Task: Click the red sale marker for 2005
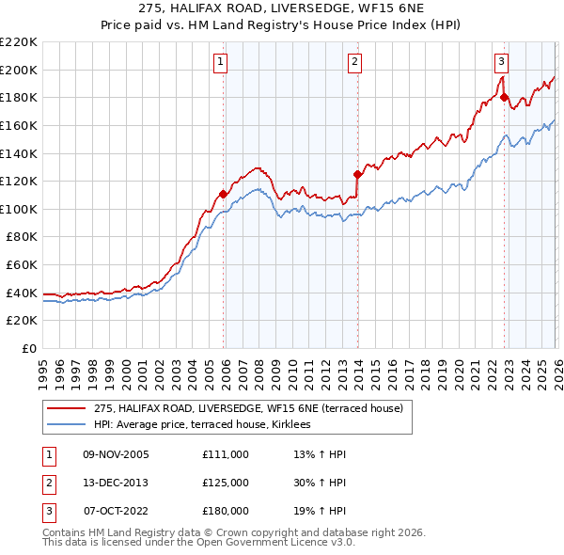click(223, 195)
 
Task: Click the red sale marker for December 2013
click(357, 174)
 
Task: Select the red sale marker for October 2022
click(504, 97)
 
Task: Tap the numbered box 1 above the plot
click(220, 62)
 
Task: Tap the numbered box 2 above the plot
click(355, 62)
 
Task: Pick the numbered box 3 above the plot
click(502, 62)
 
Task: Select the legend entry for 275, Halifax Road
click(248, 408)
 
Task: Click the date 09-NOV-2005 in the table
click(116, 454)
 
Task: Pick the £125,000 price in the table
click(225, 483)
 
